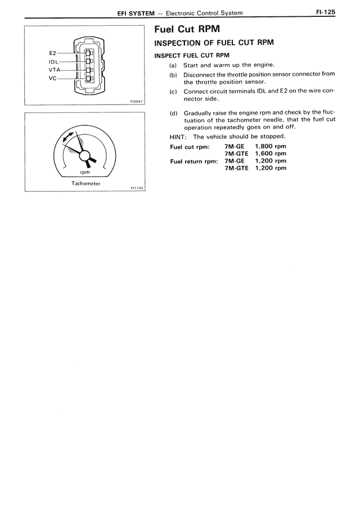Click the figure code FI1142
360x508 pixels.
[x=137, y=188]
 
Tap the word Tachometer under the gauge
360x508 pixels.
[x=85, y=183]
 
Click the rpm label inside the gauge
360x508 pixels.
[x=85, y=172]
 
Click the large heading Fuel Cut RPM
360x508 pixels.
[x=182, y=29]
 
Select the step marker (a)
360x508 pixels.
[x=174, y=65]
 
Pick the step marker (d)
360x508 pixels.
[x=174, y=112]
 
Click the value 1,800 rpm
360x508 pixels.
[x=271, y=146]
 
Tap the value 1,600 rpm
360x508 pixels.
[x=271, y=153]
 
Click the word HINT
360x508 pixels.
[x=178, y=137]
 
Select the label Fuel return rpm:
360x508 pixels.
[x=194, y=161]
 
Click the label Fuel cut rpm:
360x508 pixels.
[x=190, y=147]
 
